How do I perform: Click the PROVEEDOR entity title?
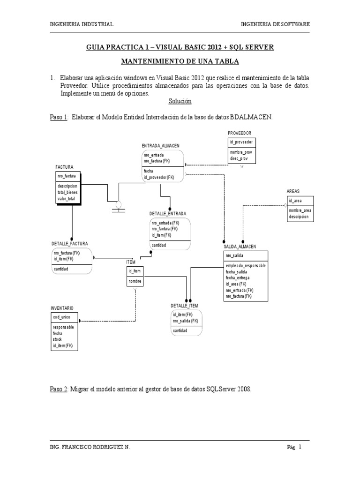(240, 134)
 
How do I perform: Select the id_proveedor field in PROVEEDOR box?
(242, 142)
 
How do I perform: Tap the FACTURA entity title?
(64, 167)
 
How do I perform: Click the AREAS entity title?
(293, 191)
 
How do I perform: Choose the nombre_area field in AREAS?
(300, 210)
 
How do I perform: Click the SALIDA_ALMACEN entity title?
(240, 247)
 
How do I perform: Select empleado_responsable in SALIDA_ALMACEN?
(246, 265)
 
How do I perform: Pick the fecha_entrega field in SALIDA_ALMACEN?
(237, 277)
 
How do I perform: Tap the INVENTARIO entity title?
(62, 308)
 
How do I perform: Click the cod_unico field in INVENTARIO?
(61, 317)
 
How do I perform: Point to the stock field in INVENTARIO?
(58, 339)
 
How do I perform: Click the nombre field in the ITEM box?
(135, 281)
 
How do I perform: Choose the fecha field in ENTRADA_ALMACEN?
(148, 171)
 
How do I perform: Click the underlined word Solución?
(180, 101)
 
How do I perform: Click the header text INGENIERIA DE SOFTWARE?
(275, 24)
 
